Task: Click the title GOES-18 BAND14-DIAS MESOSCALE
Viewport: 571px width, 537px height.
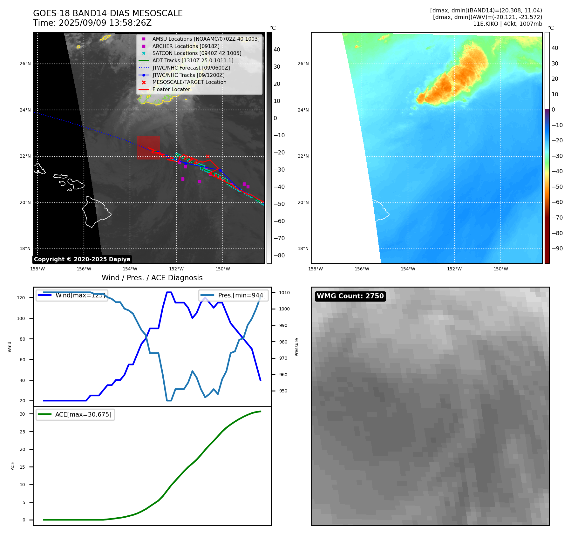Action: pos(108,13)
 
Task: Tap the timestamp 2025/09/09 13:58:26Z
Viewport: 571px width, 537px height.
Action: pos(105,23)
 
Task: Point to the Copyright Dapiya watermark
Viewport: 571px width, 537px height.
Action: pos(82,259)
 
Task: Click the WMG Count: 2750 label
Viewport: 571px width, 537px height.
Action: pos(350,296)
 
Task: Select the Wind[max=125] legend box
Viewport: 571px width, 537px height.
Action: pos(72,295)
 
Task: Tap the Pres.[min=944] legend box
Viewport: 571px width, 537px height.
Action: pos(234,295)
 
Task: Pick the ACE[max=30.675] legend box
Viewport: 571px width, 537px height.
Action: pos(75,415)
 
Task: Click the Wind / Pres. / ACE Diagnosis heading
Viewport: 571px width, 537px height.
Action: pos(152,278)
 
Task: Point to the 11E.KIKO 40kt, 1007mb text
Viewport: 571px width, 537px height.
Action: pos(507,24)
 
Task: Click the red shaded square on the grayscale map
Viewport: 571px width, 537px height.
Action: pos(148,148)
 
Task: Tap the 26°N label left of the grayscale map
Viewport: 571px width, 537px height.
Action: pos(25,64)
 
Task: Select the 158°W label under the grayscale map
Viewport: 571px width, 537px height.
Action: pos(37,269)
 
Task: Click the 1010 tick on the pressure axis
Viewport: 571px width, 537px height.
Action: pos(284,293)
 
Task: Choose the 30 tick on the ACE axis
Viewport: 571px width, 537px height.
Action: pos(22,414)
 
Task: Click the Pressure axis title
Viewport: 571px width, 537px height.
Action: pos(296,347)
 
